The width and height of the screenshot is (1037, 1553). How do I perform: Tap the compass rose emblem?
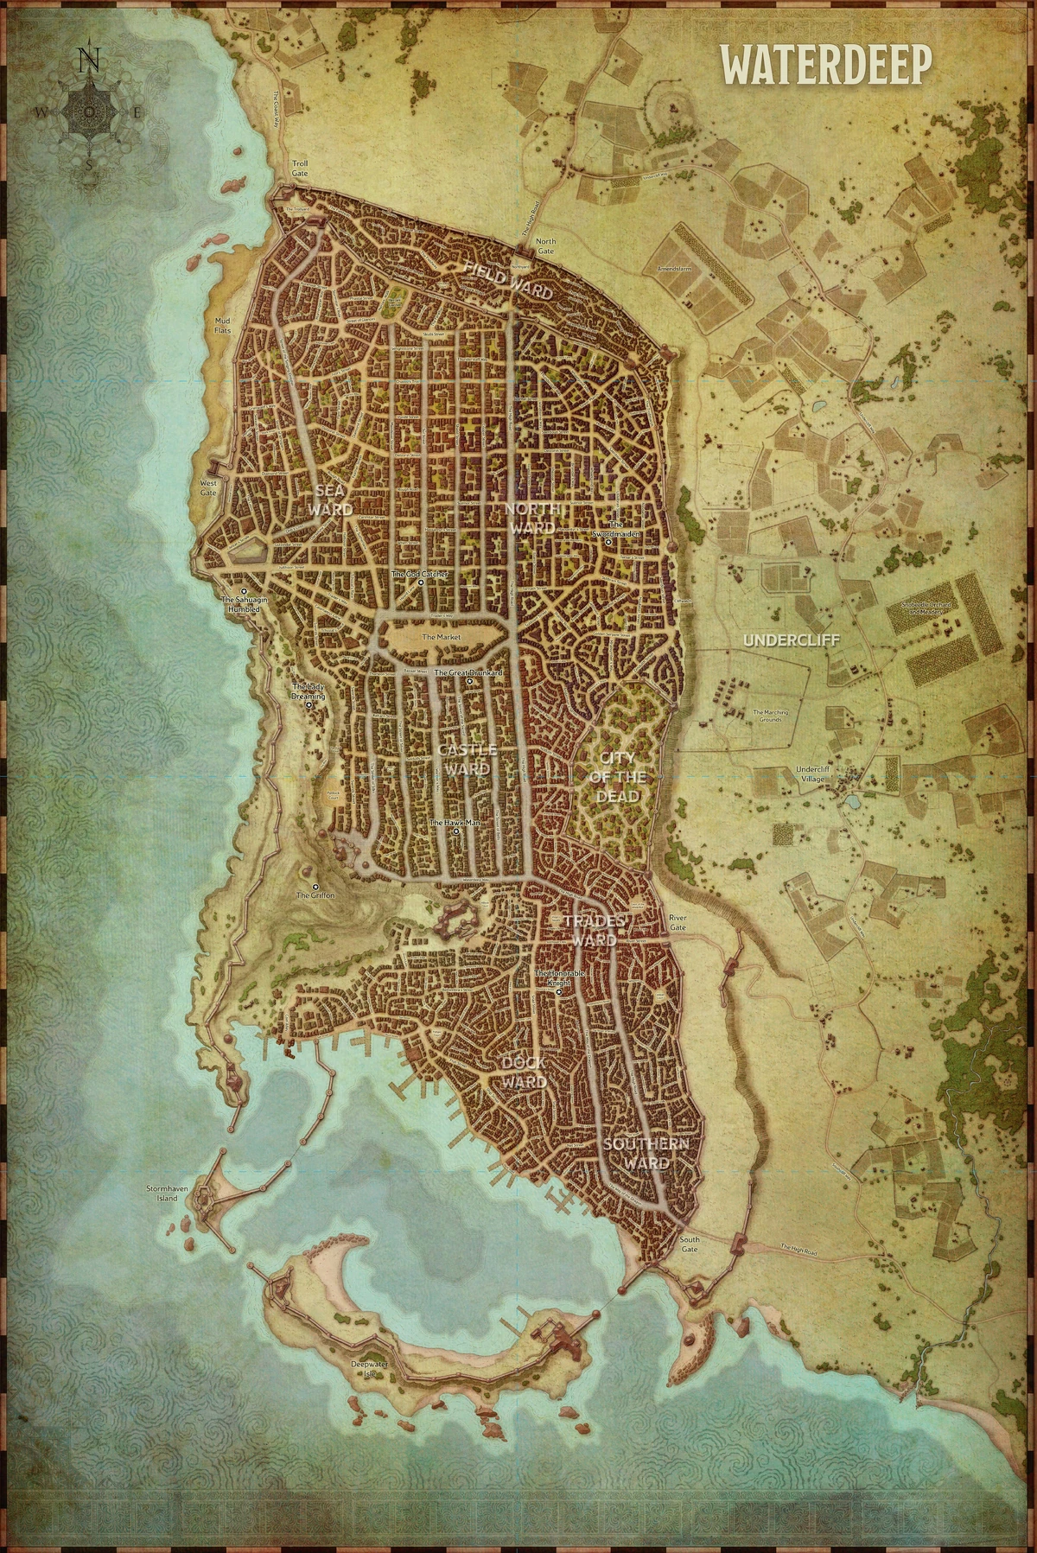pyautogui.click(x=89, y=112)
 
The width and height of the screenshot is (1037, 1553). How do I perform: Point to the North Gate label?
pyautogui.click(x=545, y=246)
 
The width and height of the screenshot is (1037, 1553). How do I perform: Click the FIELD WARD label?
pyautogui.click(x=508, y=280)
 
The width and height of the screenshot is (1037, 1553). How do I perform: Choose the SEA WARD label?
pyautogui.click(x=331, y=500)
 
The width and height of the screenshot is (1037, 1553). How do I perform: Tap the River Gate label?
pyautogui.click(x=678, y=922)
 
